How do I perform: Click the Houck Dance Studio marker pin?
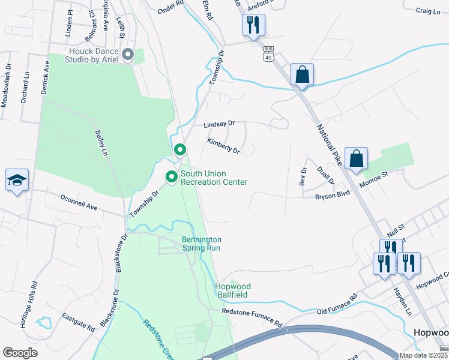pyautogui.click(x=127, y=55)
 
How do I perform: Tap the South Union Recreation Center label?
pyautogui.click(x=214, y=178)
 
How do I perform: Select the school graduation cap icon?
pyautogui.click(x=17, y=180)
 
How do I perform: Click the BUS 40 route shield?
pyautogui.click(x=268, y=56)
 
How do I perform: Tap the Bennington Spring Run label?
pyautogui.click(x=202, y=244)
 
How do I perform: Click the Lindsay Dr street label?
pyautogui.click(x=218, y=124)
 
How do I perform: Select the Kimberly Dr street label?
pyautogui.click(x=223, y=146)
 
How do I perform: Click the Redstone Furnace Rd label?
pyautogui.click(x=252, y=316)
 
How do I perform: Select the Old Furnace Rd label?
pyautogui.click(x=337, y=303)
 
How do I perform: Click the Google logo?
pyautogui.click(x=20, y=353)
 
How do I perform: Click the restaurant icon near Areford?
pyautogui.click(x=253, y=25)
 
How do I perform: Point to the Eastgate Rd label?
pyautogui.click(x=79, y=322)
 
